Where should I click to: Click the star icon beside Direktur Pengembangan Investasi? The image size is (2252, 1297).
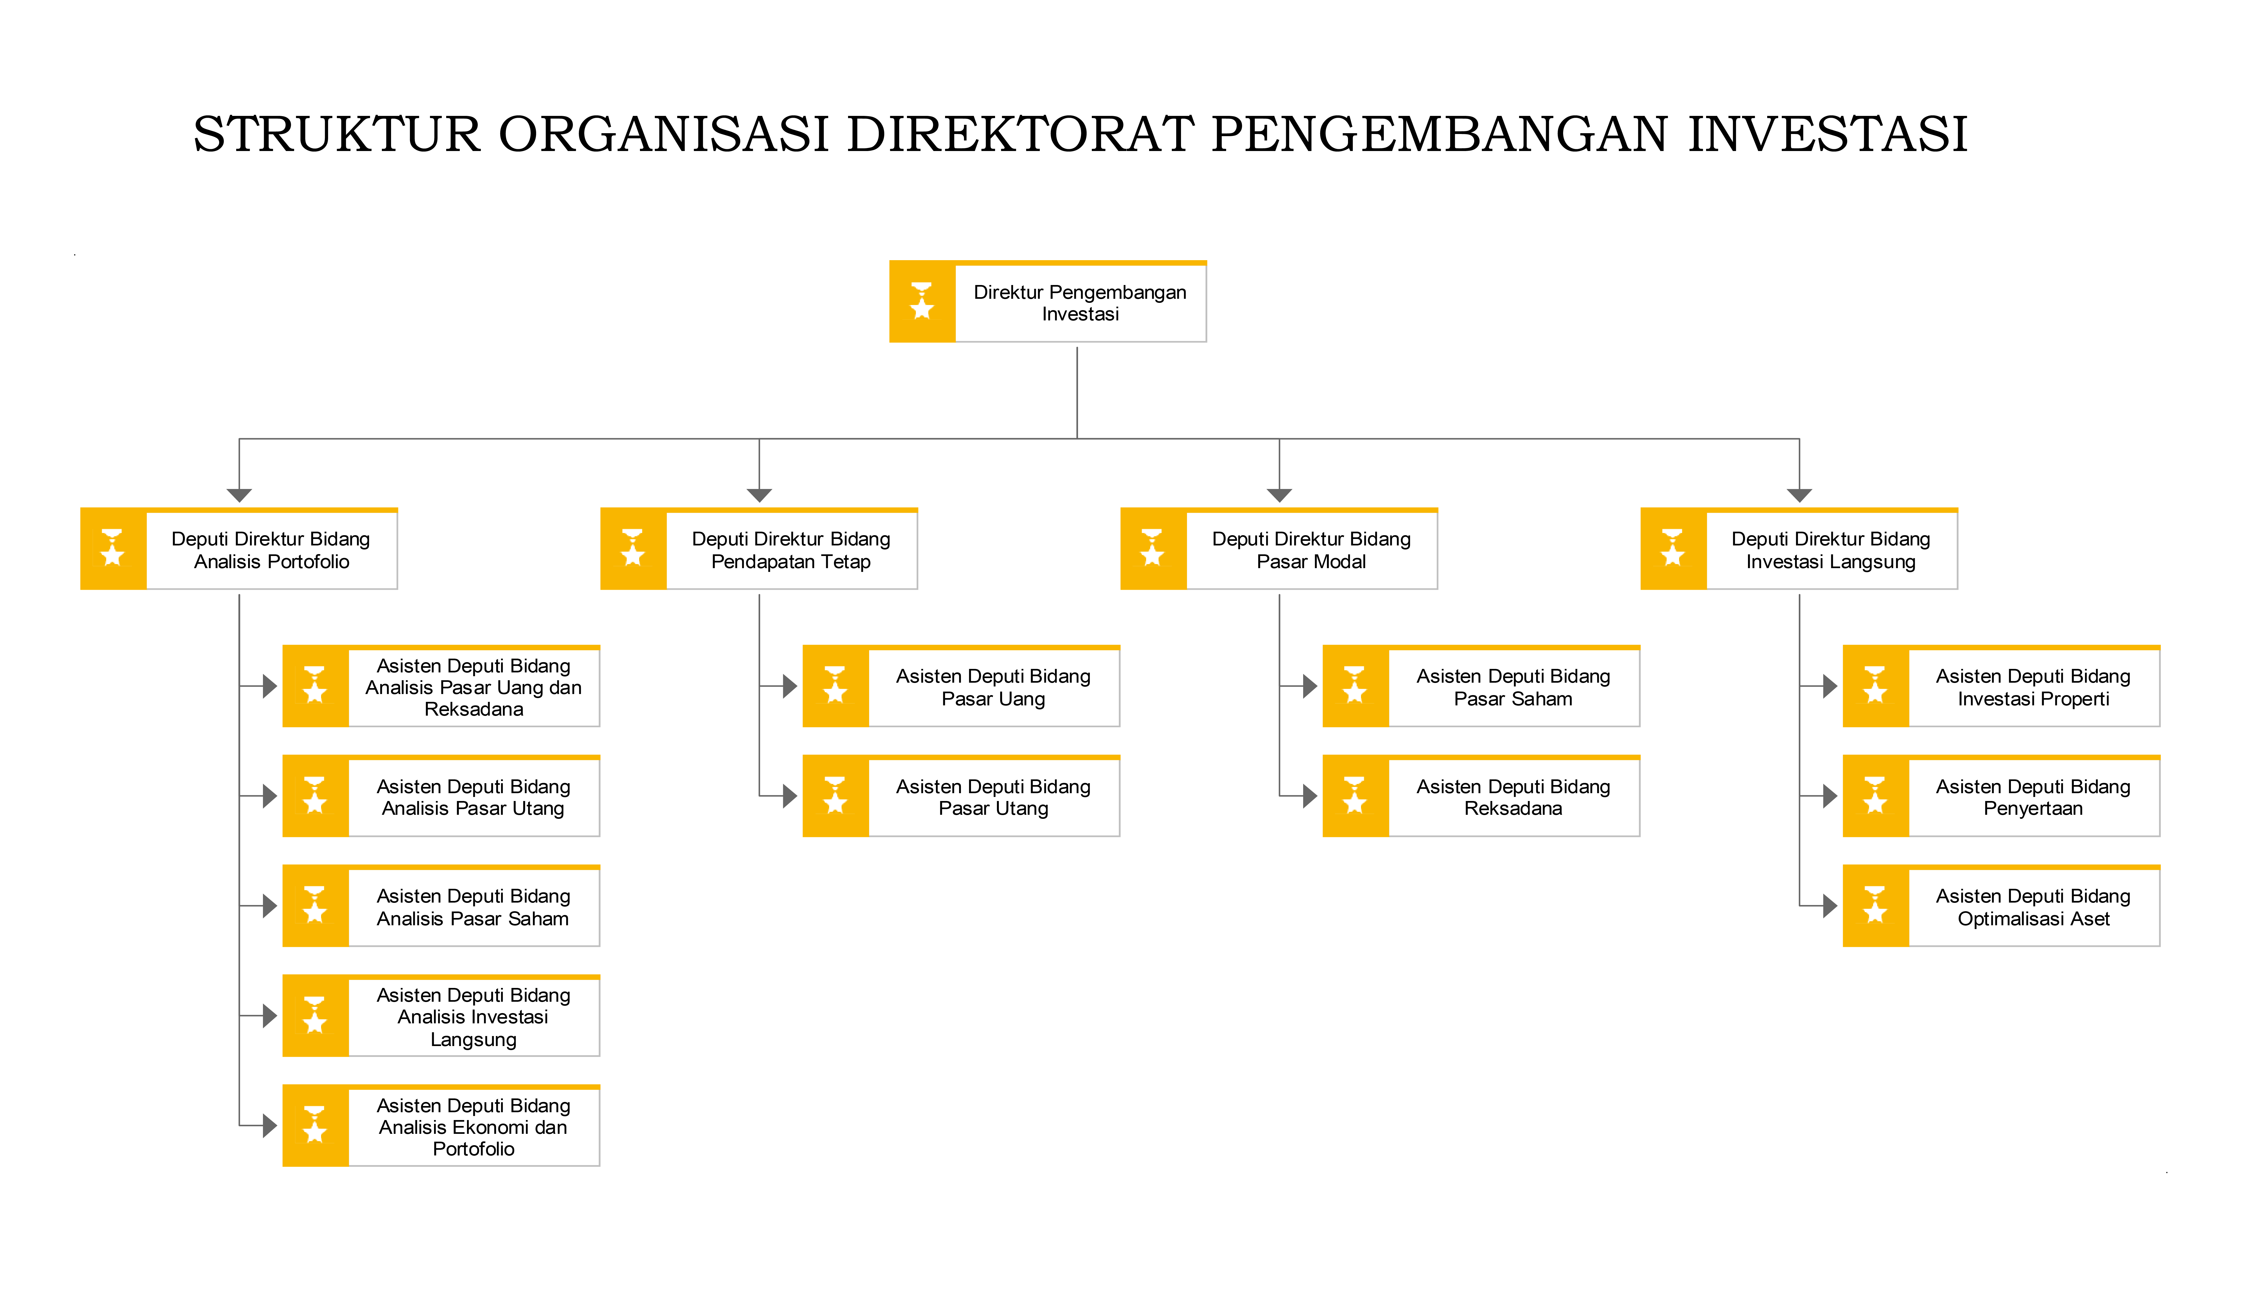[922, 301]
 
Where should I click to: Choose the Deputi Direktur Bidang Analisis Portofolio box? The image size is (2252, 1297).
[239, 549]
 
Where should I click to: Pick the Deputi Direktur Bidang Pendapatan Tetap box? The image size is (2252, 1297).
[759, 549]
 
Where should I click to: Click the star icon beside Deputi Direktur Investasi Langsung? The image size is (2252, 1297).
[1673, 548]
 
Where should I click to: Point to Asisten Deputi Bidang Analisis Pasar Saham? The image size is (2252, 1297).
[441, 906]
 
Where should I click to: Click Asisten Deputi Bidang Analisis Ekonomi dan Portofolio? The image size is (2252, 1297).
[441, 1126]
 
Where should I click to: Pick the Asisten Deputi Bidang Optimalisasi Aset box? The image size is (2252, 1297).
[2002, 906]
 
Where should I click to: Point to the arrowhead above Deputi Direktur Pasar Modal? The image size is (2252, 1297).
[1279, 495]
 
